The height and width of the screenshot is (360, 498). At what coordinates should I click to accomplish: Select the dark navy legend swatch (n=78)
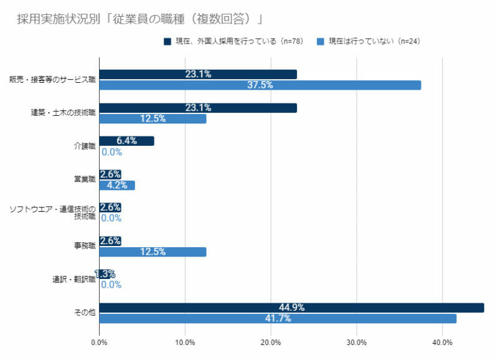pos(167,42)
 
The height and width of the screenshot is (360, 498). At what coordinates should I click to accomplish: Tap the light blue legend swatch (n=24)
pos(320,42)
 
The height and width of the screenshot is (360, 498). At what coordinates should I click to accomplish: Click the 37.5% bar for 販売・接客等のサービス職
pos(260,85)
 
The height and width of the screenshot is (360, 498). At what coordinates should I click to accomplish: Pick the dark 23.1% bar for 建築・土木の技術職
pos(197,108)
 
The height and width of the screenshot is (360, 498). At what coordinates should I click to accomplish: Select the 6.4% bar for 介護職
pos(126,141)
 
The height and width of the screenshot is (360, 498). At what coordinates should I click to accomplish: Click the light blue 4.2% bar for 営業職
pos(117,185)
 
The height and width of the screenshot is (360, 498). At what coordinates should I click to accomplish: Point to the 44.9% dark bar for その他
pos(291,308)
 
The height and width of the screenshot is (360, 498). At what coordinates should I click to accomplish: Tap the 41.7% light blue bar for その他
pos(278,318)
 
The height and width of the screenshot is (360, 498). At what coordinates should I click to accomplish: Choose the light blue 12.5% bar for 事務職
pos(153,252)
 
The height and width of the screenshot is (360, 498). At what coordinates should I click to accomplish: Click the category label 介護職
pos(84,146)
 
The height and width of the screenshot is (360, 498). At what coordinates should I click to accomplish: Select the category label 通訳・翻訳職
pos(73,280)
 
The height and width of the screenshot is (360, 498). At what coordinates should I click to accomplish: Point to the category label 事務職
pos(84,246)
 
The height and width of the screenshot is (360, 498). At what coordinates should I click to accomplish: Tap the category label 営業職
pos(84,179)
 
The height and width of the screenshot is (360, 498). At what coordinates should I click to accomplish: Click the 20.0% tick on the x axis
pos(271,342)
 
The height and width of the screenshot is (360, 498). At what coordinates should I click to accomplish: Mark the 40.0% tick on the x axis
pos(442,342)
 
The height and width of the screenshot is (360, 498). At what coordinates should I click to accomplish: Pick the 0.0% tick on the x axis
pos(99,342)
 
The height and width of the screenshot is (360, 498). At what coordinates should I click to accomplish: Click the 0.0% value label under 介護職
pos(111,152)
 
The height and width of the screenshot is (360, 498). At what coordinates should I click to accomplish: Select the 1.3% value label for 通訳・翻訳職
pos(105,274)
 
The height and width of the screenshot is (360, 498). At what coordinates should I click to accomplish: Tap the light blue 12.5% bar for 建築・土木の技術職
pos(153,118)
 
